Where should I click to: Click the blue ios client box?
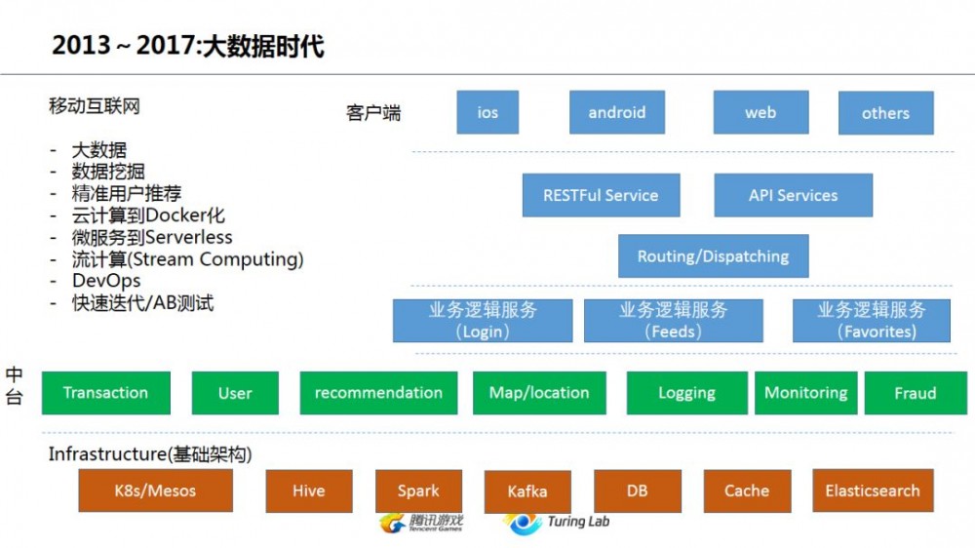(487, 112)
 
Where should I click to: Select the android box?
(616, 112)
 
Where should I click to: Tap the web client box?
(760, 112)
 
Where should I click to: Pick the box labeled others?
(885, 113)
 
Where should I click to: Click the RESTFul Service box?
(601, 195)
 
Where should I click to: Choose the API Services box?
(793, 195)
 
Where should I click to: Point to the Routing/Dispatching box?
(713, 256)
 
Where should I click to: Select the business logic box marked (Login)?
(483, 321)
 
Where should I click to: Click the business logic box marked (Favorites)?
(871, 321)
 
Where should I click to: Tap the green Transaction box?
(105, 393)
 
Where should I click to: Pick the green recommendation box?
(378, 393)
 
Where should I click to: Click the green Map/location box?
(539, 393)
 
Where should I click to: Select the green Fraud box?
(915, 393)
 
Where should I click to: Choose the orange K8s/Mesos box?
(156, 490)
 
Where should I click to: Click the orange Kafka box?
(527, 491)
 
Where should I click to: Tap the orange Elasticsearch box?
(872, 490)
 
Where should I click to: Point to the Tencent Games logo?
(421, 524)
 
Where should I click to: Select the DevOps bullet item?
(106, 281)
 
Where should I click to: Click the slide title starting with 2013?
(187, 46)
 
